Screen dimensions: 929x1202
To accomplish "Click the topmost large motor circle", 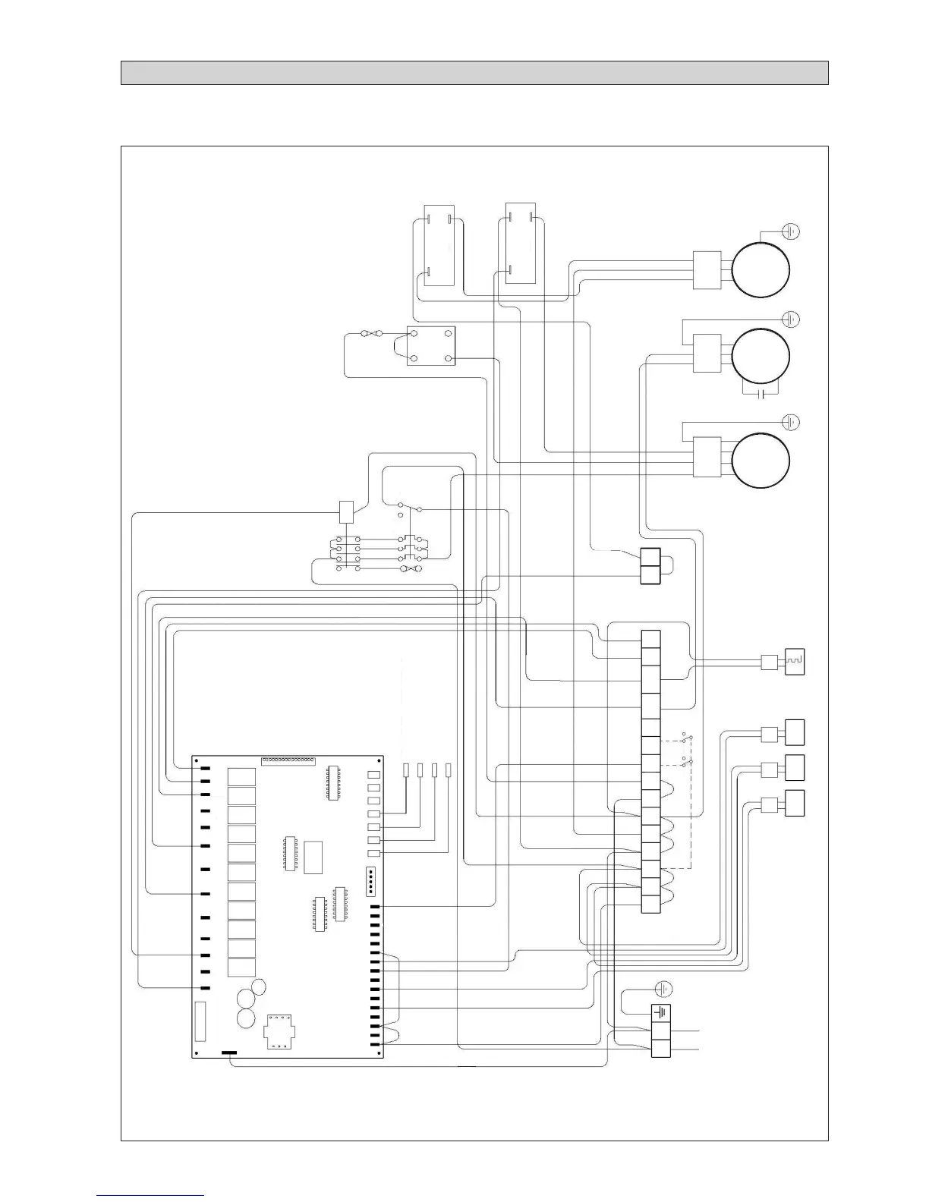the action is (761, 271).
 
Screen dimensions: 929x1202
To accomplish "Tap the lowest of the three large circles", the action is (761, 461).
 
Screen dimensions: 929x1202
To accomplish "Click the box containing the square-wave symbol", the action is (795, 662).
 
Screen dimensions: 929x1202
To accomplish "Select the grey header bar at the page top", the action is (474, 73).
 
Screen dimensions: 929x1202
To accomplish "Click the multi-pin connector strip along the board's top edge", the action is (288, 760).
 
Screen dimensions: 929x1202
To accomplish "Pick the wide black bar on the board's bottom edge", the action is (228, 1053).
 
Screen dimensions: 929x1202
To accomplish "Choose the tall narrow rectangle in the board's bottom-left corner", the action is (200, 1021).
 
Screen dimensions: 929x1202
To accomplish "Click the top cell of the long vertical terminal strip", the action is (650, 639).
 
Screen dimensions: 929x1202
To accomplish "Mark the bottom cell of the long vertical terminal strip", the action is (650, 904).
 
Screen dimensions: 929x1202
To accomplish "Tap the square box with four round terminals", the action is (431, 346).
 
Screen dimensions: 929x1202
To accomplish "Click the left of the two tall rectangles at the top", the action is (439, 244).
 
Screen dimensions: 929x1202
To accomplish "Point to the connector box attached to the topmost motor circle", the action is (707, 271).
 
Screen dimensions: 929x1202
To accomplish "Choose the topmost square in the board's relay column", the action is (241, 777).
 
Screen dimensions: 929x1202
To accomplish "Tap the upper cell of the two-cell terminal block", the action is (650, 557).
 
